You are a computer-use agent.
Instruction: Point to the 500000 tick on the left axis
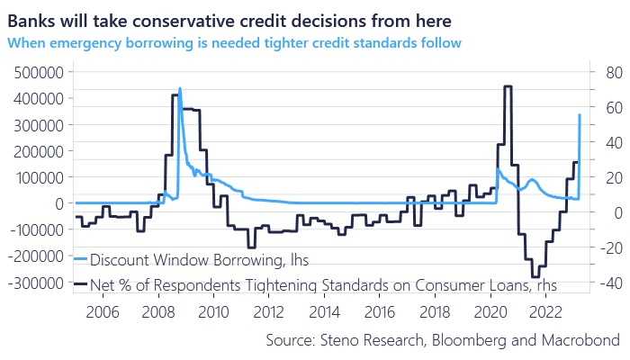pyautogui.click(x=37, y=72)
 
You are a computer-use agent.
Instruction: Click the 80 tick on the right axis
pyautogui.click(x=606, y=72)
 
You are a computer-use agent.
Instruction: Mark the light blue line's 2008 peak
pyautogui.click(x=180, y=89)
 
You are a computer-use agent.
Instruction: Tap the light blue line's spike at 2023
pyautogui.click(x=579, y=115)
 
